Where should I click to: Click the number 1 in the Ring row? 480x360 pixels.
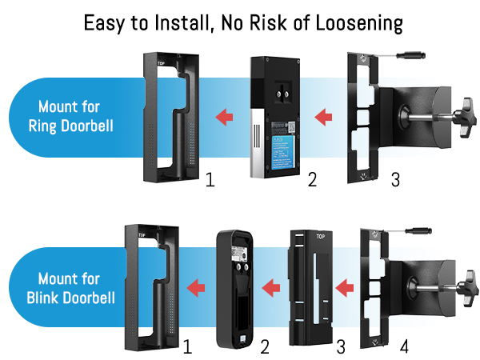click(210, 180)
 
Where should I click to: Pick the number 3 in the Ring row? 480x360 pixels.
click(395, 180)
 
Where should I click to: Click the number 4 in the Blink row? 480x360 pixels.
click(403, 348)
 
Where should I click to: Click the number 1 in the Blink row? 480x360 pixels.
click(187, 348)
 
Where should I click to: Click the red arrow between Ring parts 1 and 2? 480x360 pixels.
click(225, 118)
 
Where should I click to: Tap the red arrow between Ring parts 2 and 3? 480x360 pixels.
click(323, 118)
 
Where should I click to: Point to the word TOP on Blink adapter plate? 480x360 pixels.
click(320, 237)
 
